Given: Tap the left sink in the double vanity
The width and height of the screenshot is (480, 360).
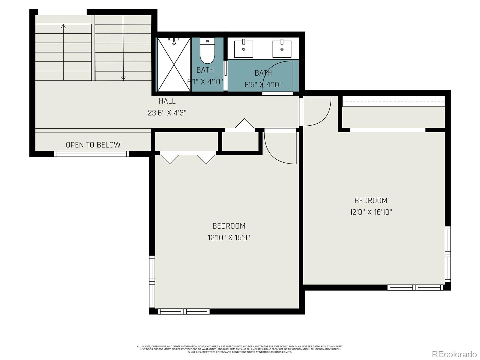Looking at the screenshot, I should click(x=243, y=49).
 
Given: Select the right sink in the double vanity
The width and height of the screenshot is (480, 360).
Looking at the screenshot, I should click(x=282, y=49).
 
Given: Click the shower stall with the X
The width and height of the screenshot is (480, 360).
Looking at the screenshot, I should click(x=174, y=64).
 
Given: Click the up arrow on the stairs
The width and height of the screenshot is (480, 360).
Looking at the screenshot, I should click(x=63, y=26).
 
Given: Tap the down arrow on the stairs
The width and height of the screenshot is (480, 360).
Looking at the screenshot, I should click(x=123, y=78).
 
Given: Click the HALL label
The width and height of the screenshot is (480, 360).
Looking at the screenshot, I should click(x=167, y=101).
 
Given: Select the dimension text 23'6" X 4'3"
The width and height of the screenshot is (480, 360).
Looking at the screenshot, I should click(x=167, y=113).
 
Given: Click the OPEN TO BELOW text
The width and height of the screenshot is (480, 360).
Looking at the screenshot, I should click(x=93, y=145).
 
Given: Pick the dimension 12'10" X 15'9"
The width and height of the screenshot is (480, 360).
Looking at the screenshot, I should click(x=229, y=238).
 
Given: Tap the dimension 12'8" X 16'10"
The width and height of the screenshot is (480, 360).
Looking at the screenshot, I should click(x=371, y=212).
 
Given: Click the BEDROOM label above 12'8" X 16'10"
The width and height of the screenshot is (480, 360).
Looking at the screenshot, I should click(x=371, y=200).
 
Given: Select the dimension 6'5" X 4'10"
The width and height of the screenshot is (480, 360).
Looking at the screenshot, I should click(x=263, y=85).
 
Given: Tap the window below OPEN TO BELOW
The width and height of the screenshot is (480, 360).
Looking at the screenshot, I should click(x=91, y=154).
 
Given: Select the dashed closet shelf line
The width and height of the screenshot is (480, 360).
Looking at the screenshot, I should click(x=393, y=101).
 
